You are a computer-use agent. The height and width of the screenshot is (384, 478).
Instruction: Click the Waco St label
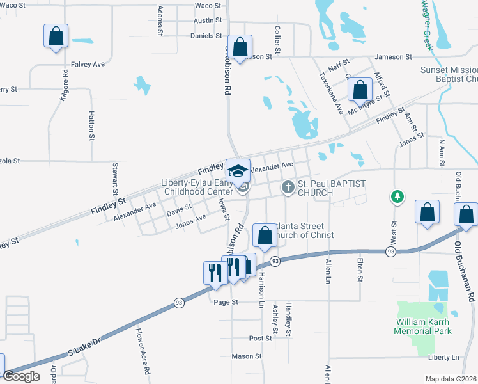(208, 6)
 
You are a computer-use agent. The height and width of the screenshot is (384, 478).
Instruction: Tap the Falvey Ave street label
(89, 64)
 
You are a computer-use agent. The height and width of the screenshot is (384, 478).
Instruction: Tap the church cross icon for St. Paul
(288, 187)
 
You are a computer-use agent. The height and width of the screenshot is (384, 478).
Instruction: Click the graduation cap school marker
(238, 171)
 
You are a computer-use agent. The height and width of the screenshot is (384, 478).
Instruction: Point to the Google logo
(22, 376)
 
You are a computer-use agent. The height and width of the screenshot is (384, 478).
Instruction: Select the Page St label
(226, 301)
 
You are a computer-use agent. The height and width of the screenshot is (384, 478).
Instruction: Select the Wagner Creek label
(425, 26)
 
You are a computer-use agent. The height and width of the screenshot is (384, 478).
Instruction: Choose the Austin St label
(208, 20)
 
